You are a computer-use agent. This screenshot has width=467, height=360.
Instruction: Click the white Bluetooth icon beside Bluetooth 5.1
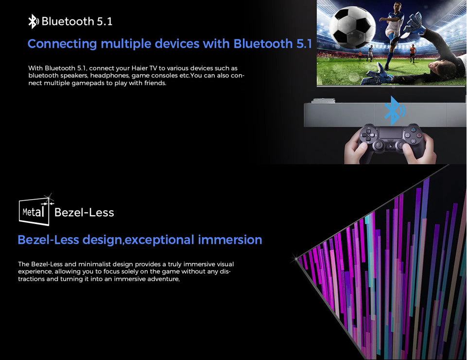tap(34, 21)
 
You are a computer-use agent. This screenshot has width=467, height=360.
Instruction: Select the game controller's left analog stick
tap(379, 145)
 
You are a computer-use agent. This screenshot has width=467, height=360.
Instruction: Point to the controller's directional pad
tap(368, 136)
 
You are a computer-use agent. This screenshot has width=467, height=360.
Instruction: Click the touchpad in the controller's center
tap(390, 133)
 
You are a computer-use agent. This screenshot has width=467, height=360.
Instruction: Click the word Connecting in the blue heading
tap(62, 44)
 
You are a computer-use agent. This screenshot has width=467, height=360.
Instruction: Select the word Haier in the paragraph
tap(139, 68)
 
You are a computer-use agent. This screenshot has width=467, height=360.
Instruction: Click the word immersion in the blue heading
tap(230, 240)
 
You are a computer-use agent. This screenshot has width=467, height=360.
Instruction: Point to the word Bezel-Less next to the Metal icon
tap(84, 213)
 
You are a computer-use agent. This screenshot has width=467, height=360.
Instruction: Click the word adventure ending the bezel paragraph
tap(163, 279)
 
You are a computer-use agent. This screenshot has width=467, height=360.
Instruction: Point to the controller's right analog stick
tap(401, 145)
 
